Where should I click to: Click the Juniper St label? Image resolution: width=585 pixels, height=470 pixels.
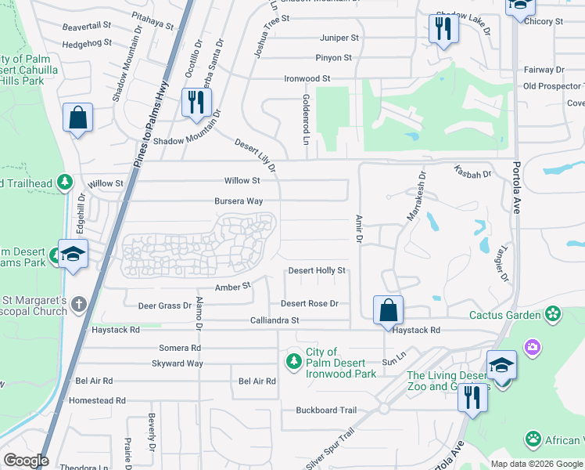point(339,37)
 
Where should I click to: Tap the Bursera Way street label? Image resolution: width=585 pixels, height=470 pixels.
point(239,201)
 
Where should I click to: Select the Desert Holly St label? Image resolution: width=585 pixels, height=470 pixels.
point(317,270)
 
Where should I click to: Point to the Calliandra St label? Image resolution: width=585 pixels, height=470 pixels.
point(275,320)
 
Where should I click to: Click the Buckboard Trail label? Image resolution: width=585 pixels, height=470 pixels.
point(326,410)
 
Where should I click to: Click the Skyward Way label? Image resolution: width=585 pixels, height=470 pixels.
point(178,363)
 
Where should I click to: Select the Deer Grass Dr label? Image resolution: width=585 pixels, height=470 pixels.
point(164,305)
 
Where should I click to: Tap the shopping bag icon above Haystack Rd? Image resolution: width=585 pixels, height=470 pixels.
point(388,310)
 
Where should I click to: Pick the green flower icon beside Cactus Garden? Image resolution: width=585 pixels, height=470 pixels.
point(554,314)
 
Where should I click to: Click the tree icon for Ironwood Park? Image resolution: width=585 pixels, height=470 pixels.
point(294,361)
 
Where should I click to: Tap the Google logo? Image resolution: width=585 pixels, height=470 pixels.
point(26,461)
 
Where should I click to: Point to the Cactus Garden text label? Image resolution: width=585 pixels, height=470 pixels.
point(504,315)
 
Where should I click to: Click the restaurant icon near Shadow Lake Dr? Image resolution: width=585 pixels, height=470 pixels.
point(443,29)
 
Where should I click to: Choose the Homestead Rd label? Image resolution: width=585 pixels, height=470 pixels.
point(98,400)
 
